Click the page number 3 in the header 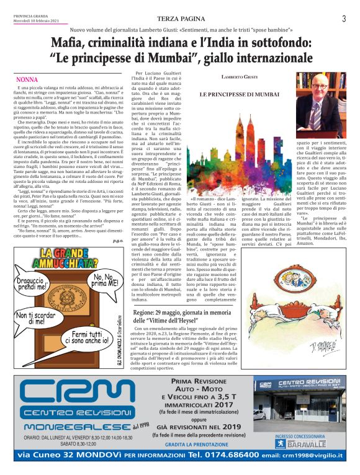coord(343,19)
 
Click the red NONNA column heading coord(27,80)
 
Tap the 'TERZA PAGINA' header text coord(179,19)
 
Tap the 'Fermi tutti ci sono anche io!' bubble coord(91,337)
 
